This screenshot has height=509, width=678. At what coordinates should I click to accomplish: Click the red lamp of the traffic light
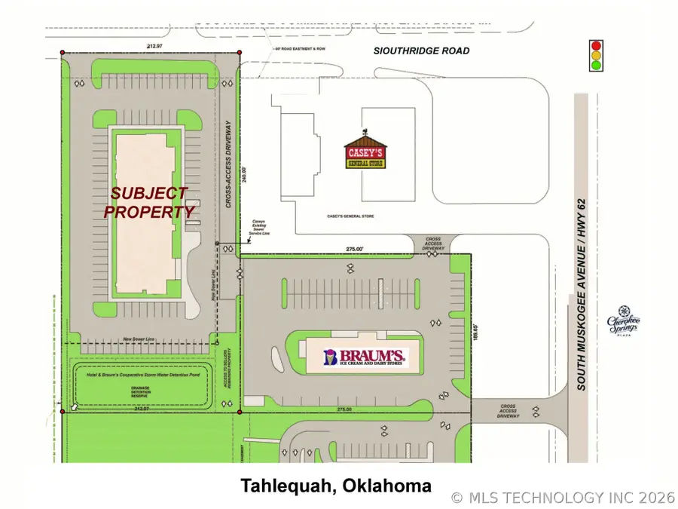596,44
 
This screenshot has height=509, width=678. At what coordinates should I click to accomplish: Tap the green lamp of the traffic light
596,66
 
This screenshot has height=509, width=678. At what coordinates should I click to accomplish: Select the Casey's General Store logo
365,152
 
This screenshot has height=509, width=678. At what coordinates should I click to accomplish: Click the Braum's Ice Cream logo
365,357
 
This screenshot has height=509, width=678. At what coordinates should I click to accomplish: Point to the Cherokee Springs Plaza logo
624,322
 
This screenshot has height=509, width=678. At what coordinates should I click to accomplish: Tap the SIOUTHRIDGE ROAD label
422,51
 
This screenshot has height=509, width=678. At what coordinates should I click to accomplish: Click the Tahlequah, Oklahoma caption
336,486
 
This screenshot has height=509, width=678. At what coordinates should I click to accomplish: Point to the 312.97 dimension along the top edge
156,47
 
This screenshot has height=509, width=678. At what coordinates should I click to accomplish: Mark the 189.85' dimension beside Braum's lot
476,333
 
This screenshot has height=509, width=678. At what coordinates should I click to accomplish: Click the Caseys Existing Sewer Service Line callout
258,228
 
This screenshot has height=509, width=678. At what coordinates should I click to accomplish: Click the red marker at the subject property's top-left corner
62,52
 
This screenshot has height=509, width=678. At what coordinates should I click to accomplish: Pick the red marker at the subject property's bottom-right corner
240,412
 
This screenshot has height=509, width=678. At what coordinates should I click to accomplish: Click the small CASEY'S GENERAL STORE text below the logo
350,216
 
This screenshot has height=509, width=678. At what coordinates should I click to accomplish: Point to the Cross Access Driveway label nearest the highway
508,410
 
